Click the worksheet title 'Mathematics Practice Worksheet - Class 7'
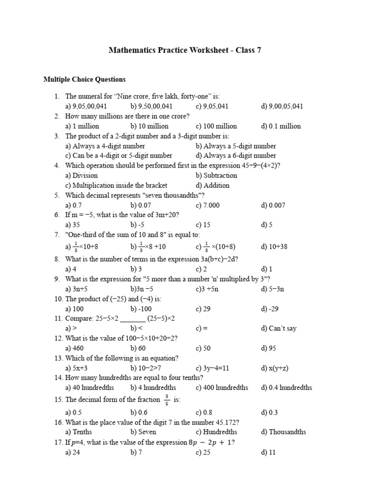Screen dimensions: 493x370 click(185, 50)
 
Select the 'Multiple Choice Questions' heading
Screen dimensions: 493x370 click(84, 79)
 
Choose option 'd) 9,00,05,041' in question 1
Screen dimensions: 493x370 click(282, 106)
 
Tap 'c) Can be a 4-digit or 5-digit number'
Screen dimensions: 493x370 click(119, 156)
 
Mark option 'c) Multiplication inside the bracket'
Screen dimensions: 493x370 click(116, 185)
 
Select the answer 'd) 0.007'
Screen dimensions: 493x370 click(273, 205)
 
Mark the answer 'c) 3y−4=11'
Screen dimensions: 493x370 click(215, 368)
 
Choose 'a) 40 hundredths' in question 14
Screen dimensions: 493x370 click(90, 388)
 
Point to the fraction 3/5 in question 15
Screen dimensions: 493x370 click(167, 399)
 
